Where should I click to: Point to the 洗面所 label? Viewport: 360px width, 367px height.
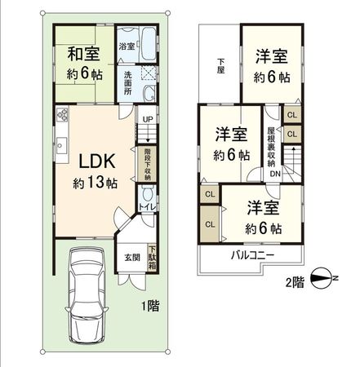[x=128, y=84]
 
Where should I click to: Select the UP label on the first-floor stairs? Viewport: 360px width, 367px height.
[x=147, y=120]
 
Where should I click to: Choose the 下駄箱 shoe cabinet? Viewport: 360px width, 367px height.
[x=152, y=259]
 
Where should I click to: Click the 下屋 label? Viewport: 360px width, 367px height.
[x=220, y=66]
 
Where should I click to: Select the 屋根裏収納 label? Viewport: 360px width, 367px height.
[x=271, y=147]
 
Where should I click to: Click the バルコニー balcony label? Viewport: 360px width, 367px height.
[x=250, y=255]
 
